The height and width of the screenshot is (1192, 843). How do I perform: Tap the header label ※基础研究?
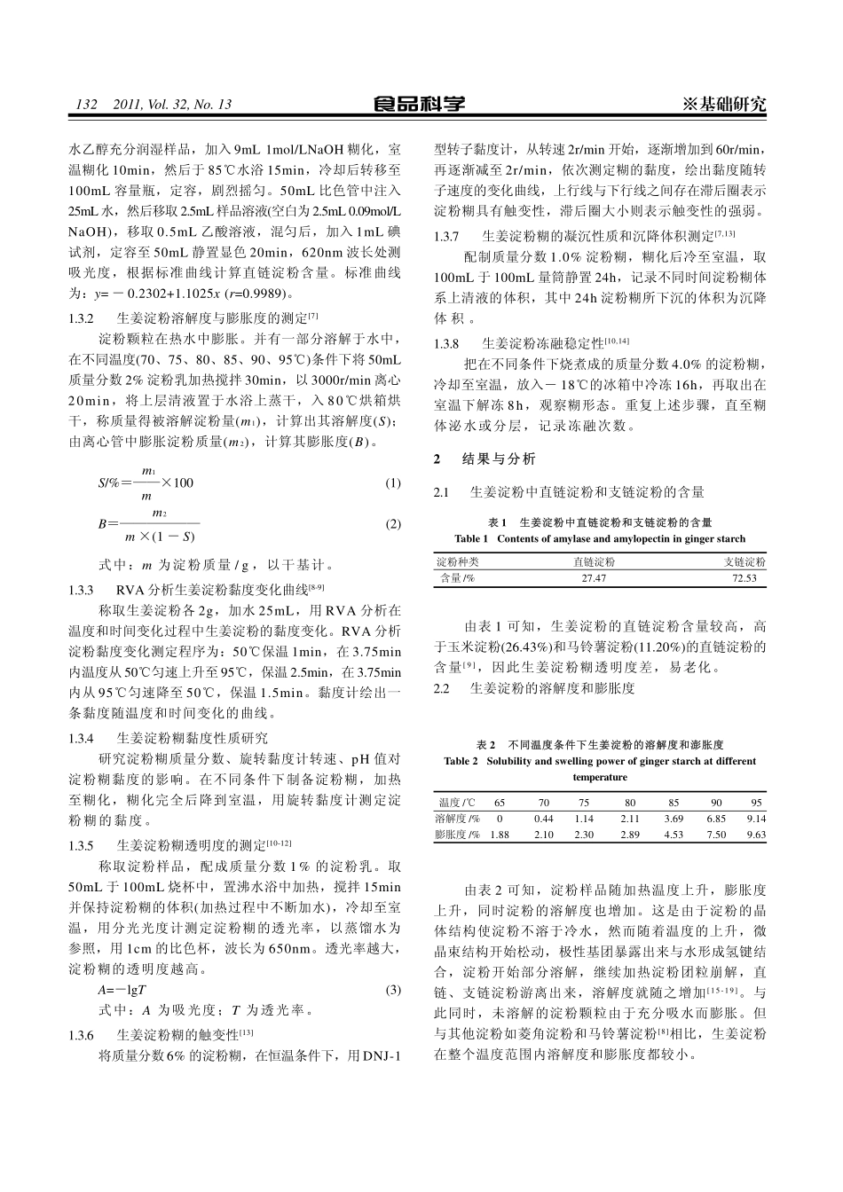tap(724, 105)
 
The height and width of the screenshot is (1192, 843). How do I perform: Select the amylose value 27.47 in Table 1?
tap(594, 578)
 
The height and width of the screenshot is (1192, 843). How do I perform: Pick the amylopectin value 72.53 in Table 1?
tap(745, 578)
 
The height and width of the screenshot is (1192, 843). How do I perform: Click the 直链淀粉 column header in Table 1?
tap(594, 562)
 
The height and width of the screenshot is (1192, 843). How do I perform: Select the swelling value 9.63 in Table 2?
tap(756, 835)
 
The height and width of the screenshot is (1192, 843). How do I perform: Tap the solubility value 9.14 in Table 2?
tap(756, 819)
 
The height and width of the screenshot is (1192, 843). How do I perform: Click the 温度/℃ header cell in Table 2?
tap(456, 803)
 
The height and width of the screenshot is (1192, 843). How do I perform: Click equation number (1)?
tap(394, 483)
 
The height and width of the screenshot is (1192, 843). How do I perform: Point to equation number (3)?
tap(394, 990)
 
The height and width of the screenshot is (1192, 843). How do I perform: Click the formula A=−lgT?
tap(122, 990)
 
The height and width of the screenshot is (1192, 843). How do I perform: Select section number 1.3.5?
tap(82, 846)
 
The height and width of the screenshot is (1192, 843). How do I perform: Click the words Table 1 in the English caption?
tap(471, 538)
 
